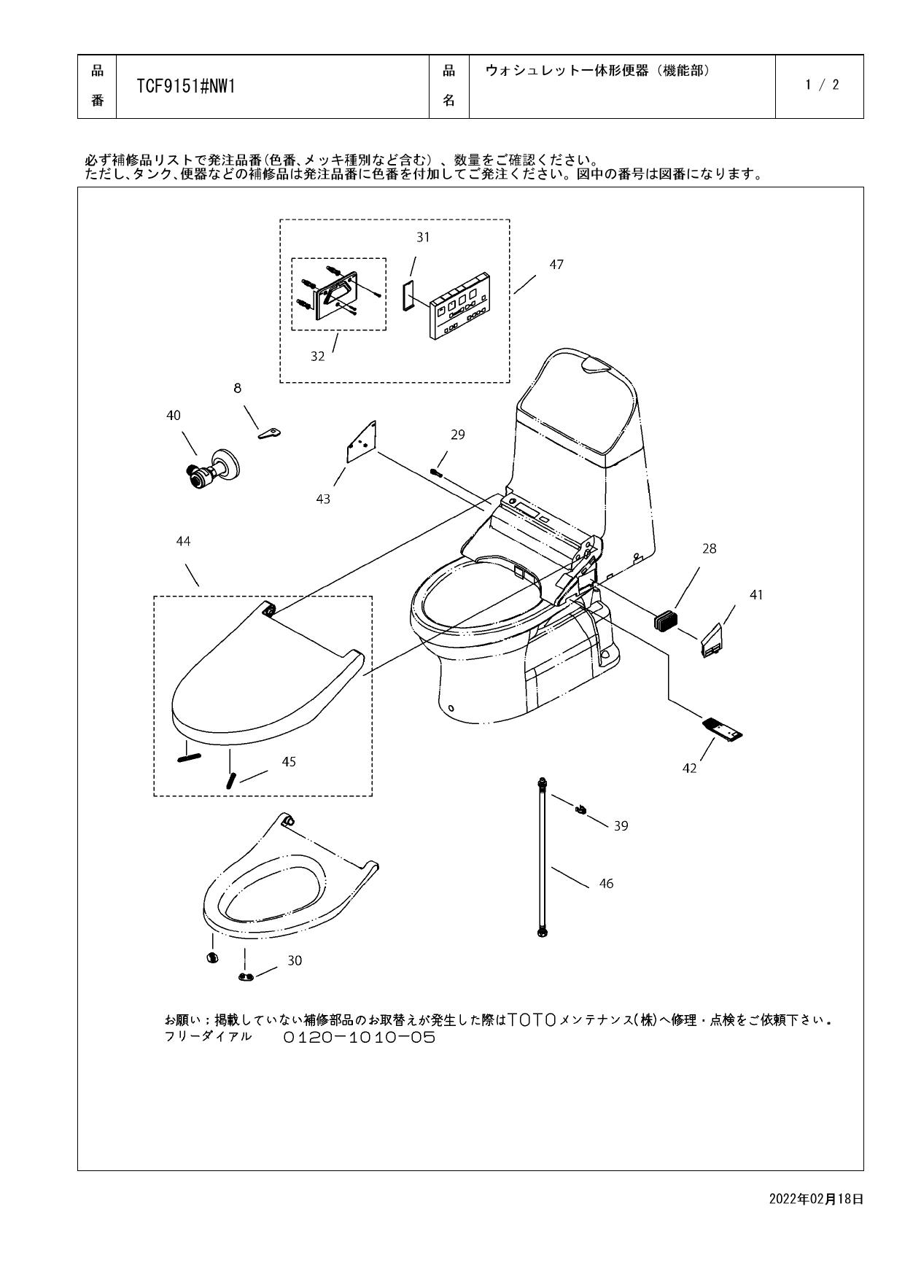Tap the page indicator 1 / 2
tap(822, 85)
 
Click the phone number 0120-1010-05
tap(360, 1038)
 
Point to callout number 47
tap(556, 265)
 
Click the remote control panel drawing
tap(459, 306)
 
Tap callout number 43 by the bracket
tap(323, 499)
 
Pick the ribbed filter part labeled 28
tap(664, 621)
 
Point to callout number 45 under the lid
tap(289, 761)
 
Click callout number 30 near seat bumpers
tap(294, 960)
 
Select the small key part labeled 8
tap(269, 433)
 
